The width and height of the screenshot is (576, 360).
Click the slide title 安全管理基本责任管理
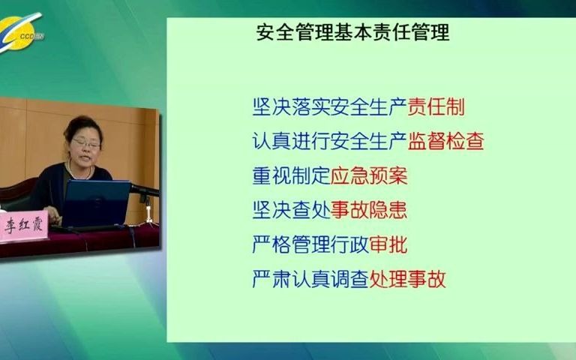pos(352,34)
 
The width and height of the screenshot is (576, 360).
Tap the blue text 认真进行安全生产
pos(330,141)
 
